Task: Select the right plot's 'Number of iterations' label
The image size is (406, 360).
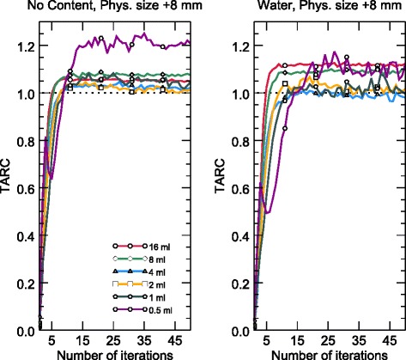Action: pyautogui.click(x=331, y=353)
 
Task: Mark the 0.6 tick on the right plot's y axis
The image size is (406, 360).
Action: pyautogui.click(x=240, y=188)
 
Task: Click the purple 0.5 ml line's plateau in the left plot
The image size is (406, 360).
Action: pyautogui.click(x=137, y=41)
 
